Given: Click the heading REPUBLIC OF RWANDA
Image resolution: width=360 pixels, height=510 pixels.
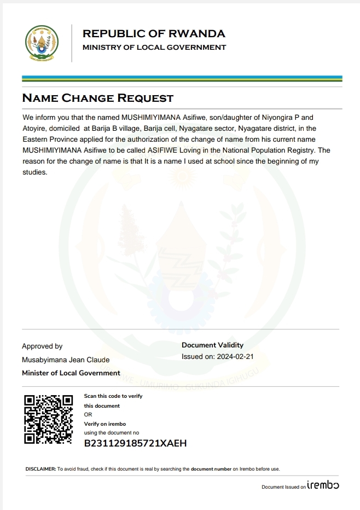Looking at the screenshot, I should click(153, 33).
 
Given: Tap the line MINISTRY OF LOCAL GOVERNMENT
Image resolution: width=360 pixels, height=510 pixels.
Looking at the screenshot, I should click(154, 48).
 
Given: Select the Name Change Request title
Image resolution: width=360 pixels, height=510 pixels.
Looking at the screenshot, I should click(97, 98).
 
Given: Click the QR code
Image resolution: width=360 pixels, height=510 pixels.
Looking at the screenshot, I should click(49, 419).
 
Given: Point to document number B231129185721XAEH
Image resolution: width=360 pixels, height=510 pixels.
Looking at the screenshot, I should click(135, 443).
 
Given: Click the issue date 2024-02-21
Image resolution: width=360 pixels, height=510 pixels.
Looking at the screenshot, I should click(235, 357).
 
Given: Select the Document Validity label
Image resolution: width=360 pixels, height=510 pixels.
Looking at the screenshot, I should click(212, 345).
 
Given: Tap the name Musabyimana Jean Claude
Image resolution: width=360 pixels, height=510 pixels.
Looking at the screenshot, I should click(66, 360).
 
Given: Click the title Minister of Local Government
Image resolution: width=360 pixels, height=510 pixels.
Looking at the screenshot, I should click(71, 373).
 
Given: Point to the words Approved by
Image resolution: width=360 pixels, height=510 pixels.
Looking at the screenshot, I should click(42, 346).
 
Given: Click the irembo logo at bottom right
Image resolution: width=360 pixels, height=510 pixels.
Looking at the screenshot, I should click(323, 485).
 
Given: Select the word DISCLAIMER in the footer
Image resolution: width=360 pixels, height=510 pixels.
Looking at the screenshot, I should click(40, 469).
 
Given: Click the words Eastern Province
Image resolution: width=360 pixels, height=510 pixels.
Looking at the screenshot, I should click(49, 139).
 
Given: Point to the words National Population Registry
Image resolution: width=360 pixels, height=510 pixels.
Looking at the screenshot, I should click(268, 150).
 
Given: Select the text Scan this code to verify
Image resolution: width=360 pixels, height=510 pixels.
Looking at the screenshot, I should click(113, 396).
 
